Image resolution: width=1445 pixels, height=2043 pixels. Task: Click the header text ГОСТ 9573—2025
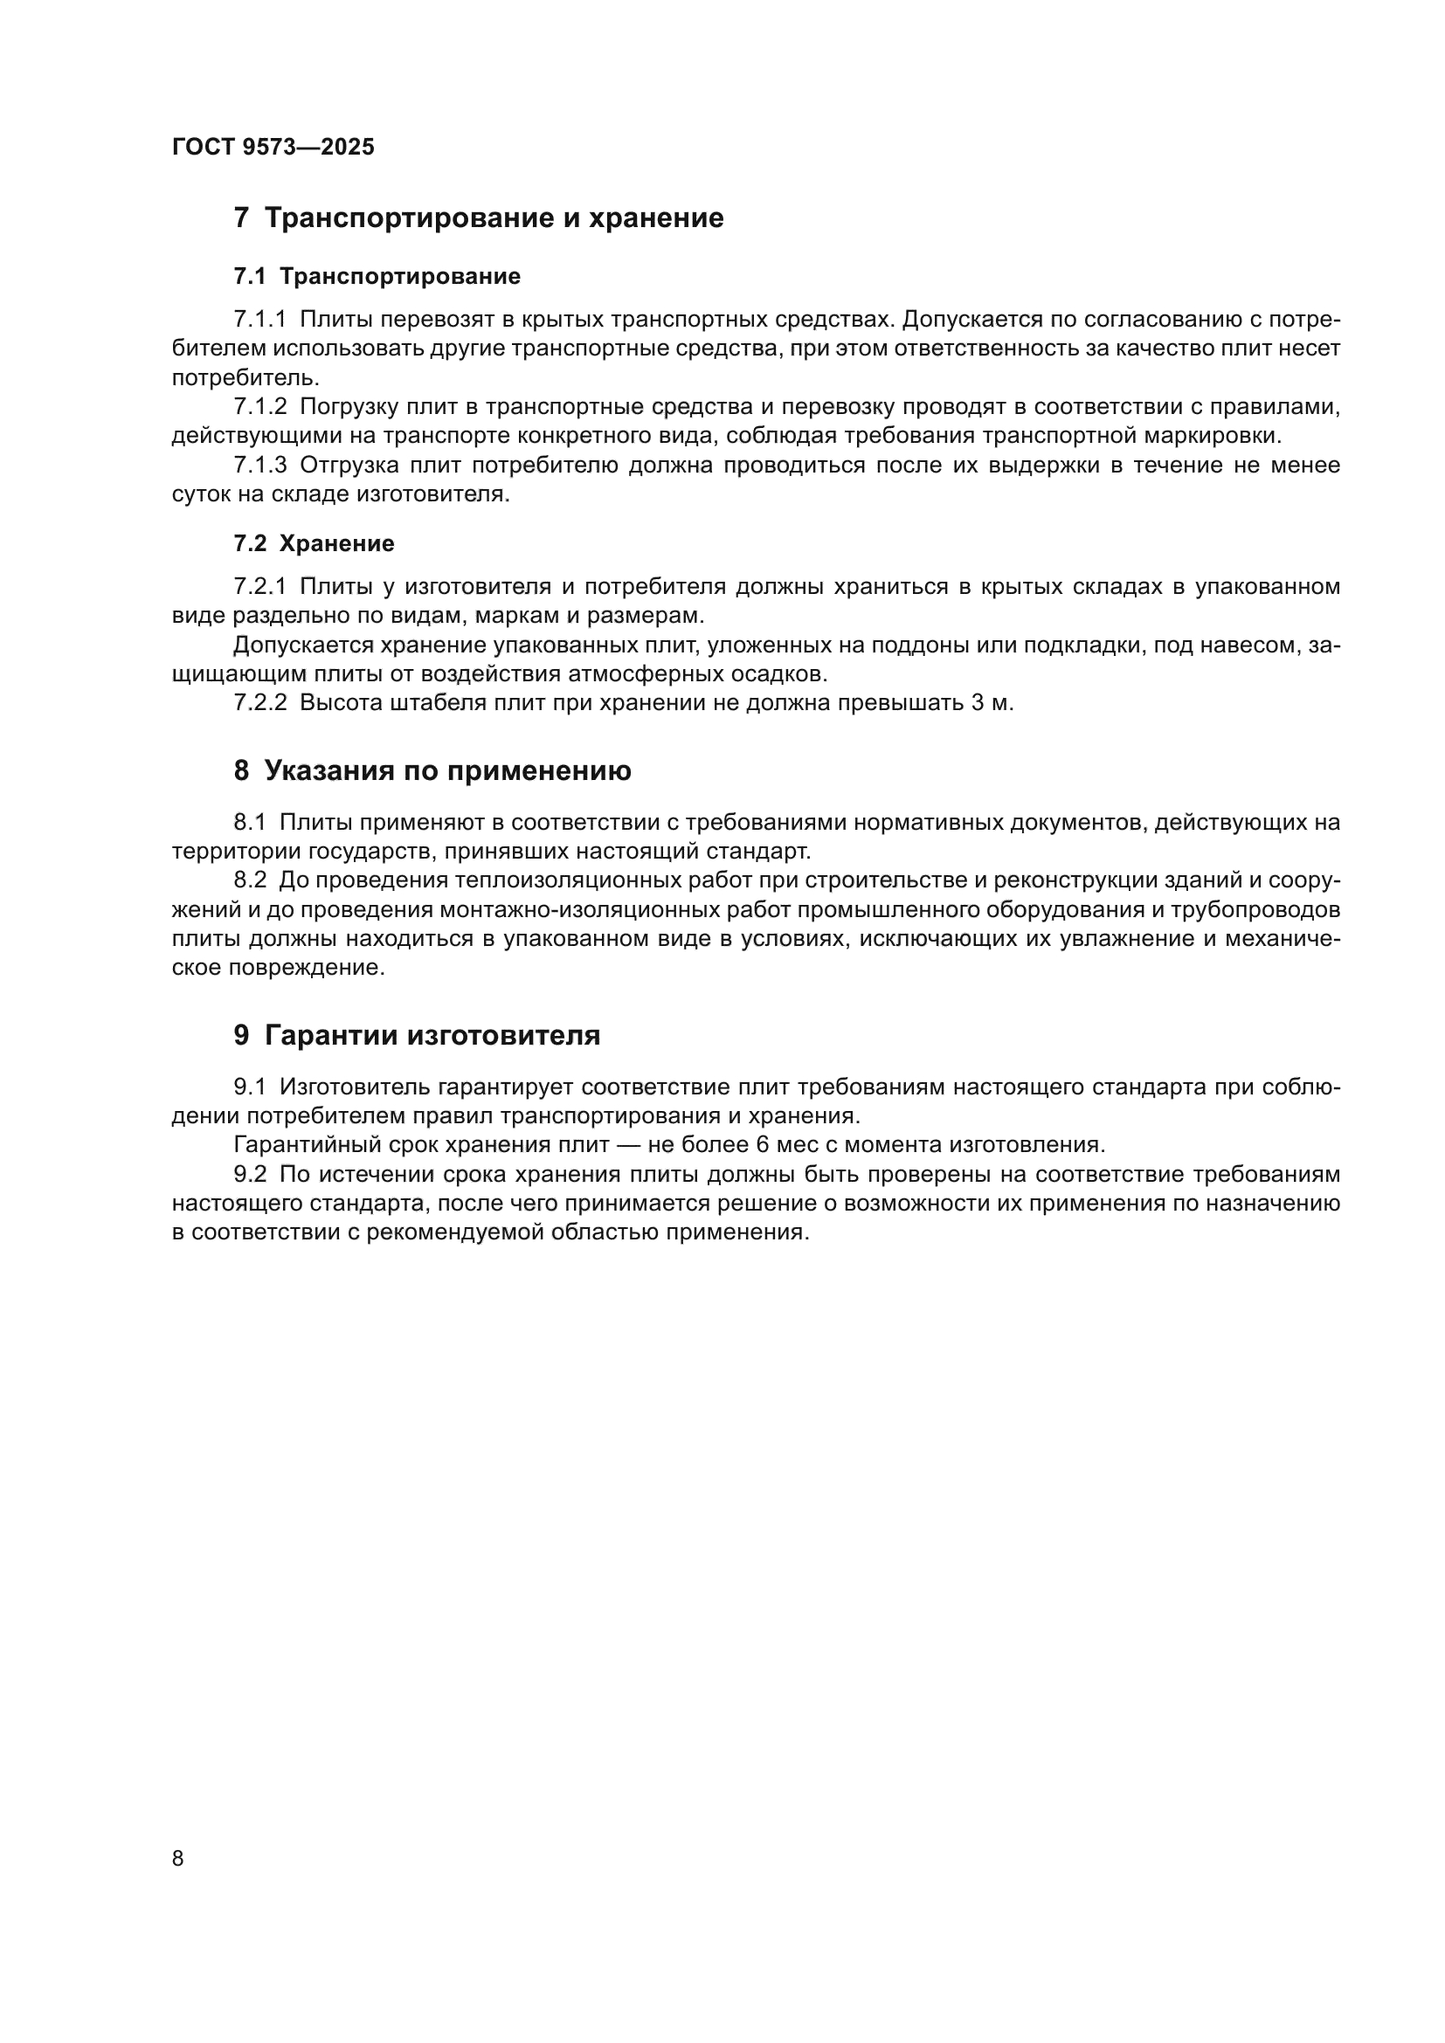[x=273, y=148]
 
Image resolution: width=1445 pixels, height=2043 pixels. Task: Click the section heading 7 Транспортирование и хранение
[x=478, y=218]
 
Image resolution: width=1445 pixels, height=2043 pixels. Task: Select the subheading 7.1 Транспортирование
[x=377, y=277]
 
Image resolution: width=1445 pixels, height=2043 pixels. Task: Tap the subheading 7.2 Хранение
[x=314, y=543]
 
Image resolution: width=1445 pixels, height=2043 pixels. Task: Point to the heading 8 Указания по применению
[x=432, y=770]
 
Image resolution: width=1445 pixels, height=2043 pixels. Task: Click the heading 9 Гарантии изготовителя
[x=417, y=1036]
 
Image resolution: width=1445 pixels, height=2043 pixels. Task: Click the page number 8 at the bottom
[x=178, y=1858]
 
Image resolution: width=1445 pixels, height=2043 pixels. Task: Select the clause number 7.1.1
[x=259, y=320]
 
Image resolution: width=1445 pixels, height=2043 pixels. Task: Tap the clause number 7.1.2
[x=259, y=408]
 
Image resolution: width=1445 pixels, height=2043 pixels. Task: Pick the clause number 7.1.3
[x=259, y=466]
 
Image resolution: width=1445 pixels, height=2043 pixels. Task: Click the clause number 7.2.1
[x=259, y=587]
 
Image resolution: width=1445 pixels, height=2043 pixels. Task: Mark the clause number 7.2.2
[x=259, y=703]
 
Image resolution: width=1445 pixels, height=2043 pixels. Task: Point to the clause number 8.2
[x=250, y=881]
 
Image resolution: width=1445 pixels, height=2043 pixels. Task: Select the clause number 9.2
[x=250, y=1175]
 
